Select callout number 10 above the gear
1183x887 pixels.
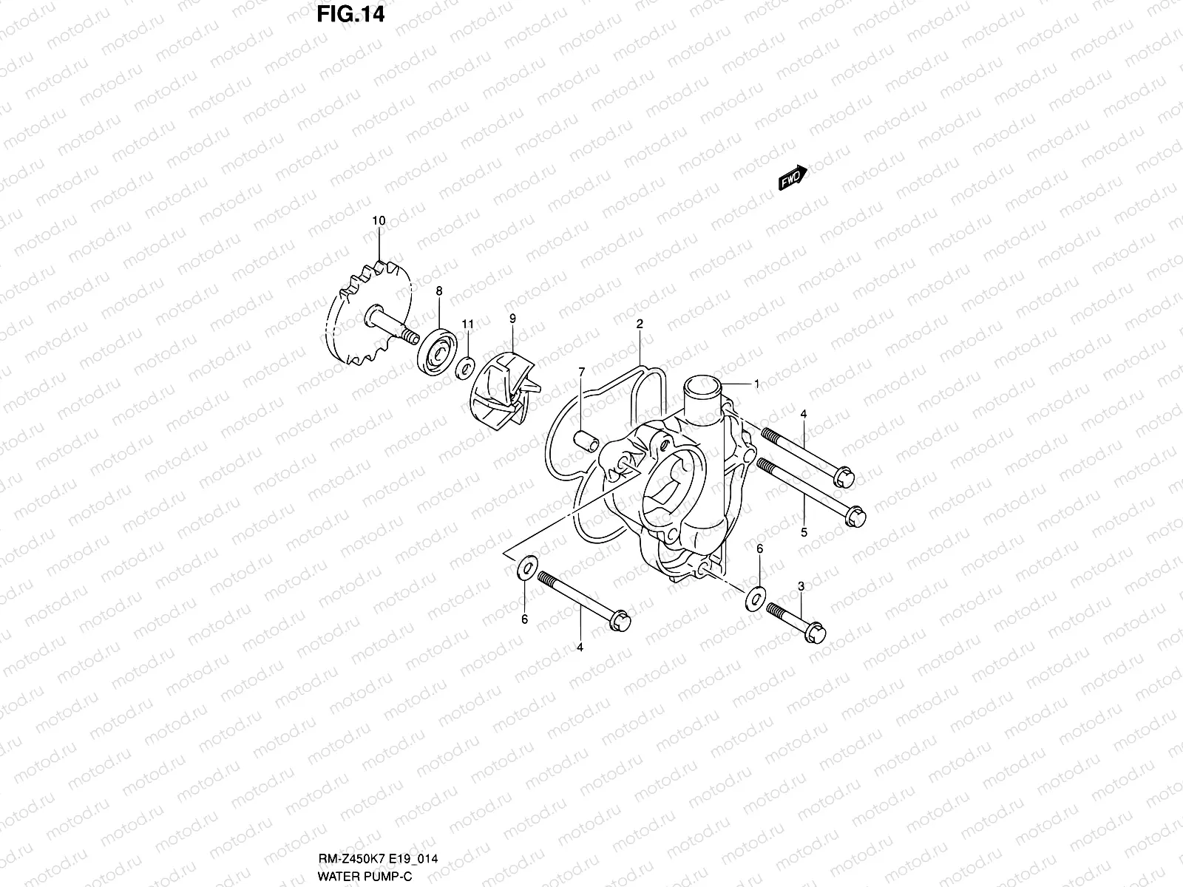(x=379, y=221)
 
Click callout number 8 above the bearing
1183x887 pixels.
(x=439, y=292)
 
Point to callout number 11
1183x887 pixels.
(x=467, y=324)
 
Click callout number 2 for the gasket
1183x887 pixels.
(x=640, y=324)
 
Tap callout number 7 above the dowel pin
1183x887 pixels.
(x=582, y=371)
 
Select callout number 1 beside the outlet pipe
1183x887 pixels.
(x=756, y=384)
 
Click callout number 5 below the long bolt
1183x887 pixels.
(x=804, y=532)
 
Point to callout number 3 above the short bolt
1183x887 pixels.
(x=801, y=586)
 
